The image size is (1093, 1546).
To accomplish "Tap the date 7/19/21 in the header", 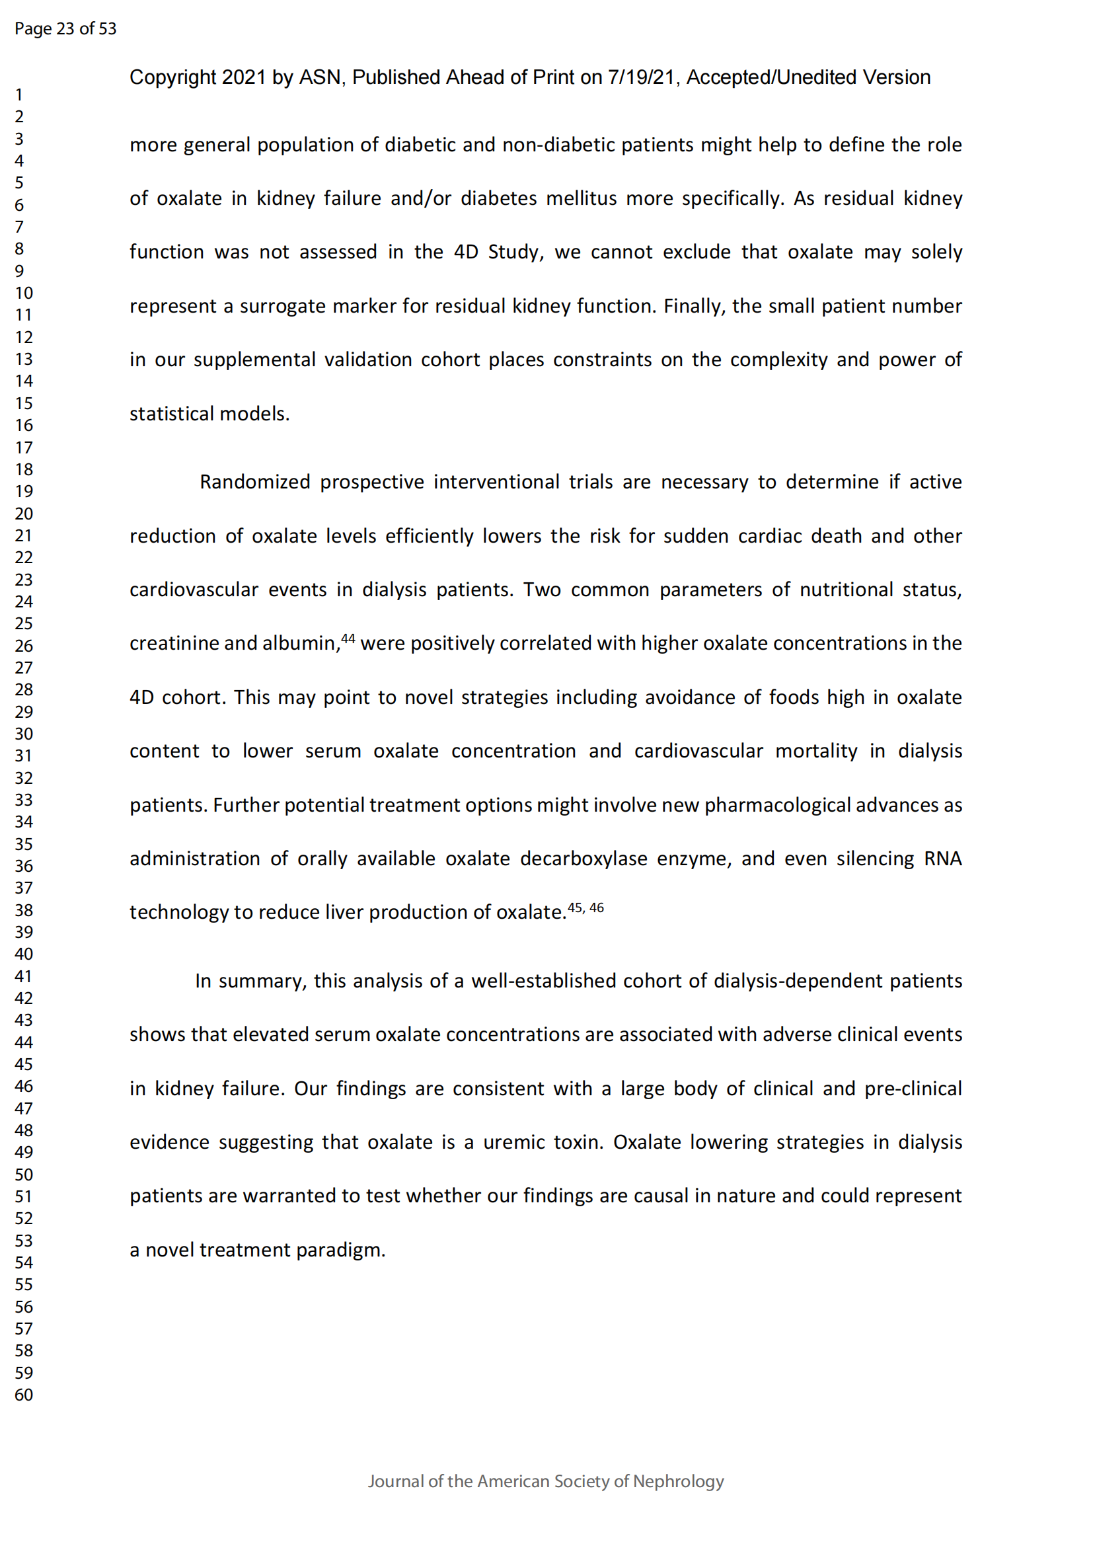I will pyautogui.click(x=641, y=78).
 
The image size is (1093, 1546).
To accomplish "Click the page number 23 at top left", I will pyautogui.click(x=65, y=29).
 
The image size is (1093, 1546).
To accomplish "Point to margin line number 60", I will pyautogui.click(x=24, y=1395).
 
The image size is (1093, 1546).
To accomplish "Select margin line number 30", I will pyautogui.click(x=24, y=733).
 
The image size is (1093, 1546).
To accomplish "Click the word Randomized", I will pyautogui.click(x=255, y=482).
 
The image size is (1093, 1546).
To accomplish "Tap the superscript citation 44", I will pyautogui.click(x=348, y=638).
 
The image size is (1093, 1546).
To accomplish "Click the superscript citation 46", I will pyautogui.click(x=596, y=908).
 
